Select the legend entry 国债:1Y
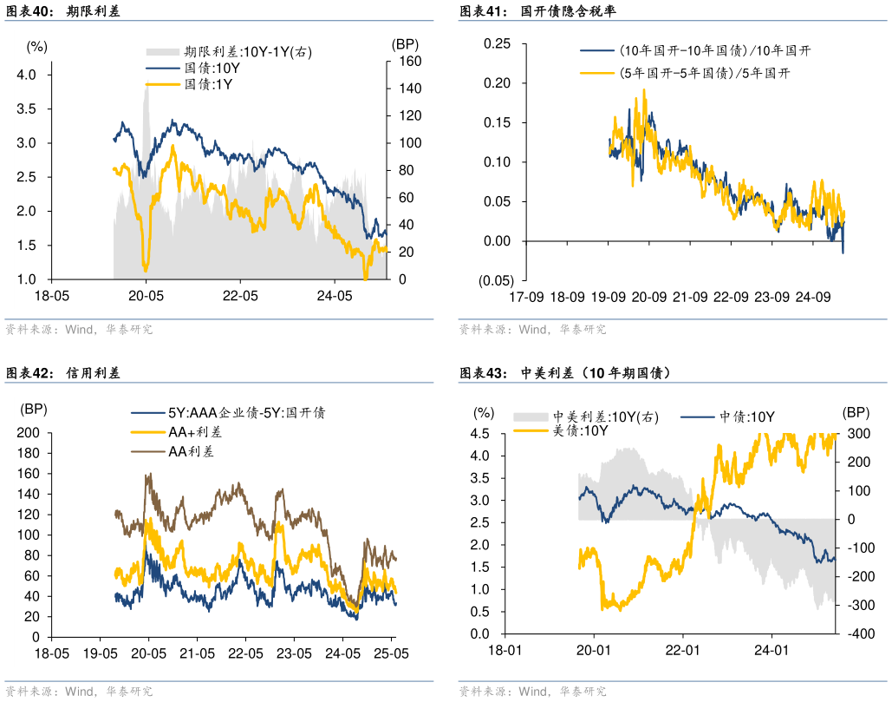pos(209,84)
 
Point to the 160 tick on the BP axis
pos(409,62)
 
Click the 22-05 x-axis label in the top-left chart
pos(240,296)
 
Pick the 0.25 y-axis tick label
pos(498,43)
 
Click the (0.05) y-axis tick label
pos(496,280)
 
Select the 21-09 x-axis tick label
pos(690,298)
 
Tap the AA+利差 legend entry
pos(191,432)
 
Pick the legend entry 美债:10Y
pos(580,430)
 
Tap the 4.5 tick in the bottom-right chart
pos(479,433)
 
